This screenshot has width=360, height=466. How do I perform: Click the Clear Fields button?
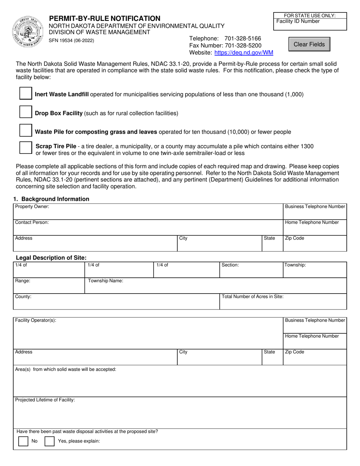click(x=309, y=44)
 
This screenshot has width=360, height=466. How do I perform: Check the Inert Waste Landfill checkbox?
click(x=25, y=94)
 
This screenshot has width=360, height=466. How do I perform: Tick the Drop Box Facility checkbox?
click(x=25, y=113)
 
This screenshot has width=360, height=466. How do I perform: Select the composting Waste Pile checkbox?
click(x=25, y=131)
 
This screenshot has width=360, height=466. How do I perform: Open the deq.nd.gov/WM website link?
click(x=244, y=53)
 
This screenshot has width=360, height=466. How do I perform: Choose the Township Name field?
click(x=215, y=287)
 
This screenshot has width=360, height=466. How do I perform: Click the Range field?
click(x=49, y=287)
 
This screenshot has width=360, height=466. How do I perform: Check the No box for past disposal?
click(x=23, y=441)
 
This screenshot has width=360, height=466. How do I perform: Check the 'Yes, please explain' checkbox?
click(x=50, y=441)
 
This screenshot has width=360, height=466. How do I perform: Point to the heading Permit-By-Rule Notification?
click(x=105, y=18)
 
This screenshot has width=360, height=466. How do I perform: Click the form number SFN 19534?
click(x=72, y=41)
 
